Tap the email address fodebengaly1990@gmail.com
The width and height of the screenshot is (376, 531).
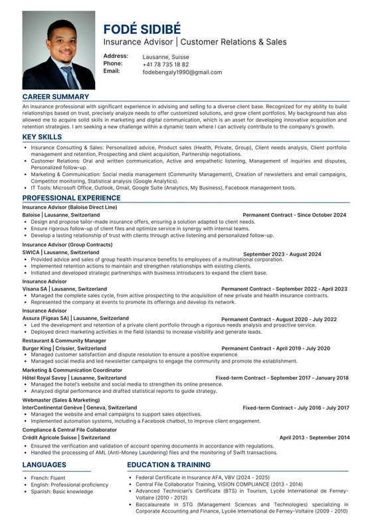(x=182, y=72)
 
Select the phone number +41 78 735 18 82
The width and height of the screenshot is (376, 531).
(x=165, y=64)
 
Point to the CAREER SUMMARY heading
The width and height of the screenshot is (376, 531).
(x=55, y=97)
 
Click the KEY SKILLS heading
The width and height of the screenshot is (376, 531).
(x=43, y=137)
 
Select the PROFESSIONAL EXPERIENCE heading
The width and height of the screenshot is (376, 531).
(x=71, y=198)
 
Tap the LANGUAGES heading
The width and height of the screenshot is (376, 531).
(x=45, y=465)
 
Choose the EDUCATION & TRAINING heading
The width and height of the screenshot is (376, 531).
(x=169, y=465)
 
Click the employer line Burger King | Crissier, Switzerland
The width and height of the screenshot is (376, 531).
(x=64, y=348)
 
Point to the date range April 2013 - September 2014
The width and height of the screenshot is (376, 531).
(x=314, y=438)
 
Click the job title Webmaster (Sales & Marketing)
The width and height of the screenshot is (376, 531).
(x=61, y=400)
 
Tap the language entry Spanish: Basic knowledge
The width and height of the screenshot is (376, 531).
(x=62, y=492)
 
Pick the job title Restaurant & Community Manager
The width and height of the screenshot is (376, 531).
(x=64, y=341)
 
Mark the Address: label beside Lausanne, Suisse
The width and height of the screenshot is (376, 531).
(x=116, y=56)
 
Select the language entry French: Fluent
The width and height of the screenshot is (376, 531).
(x=48, y=477)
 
